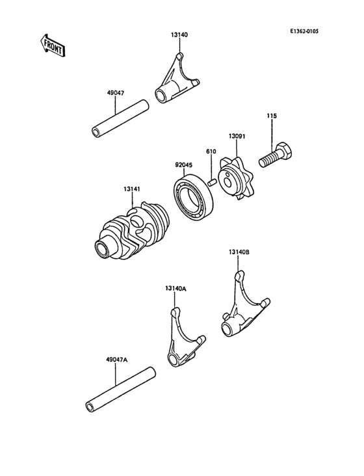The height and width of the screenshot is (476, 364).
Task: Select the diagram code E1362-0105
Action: [x=305, y=31]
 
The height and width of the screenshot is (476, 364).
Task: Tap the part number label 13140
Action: [x=179, y=34]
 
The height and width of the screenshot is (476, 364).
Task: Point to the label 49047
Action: [x=116, y=94]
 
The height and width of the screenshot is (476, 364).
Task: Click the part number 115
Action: [x=272, y=116]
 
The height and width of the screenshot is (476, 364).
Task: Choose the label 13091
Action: [x=237, y=137]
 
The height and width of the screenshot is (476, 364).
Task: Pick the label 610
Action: [x=211, y=151]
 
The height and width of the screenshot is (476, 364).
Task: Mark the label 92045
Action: [x=183, y=165]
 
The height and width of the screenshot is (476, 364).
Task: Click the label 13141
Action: [x=132, y=189]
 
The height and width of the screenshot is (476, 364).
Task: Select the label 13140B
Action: [x=239, y=252]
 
